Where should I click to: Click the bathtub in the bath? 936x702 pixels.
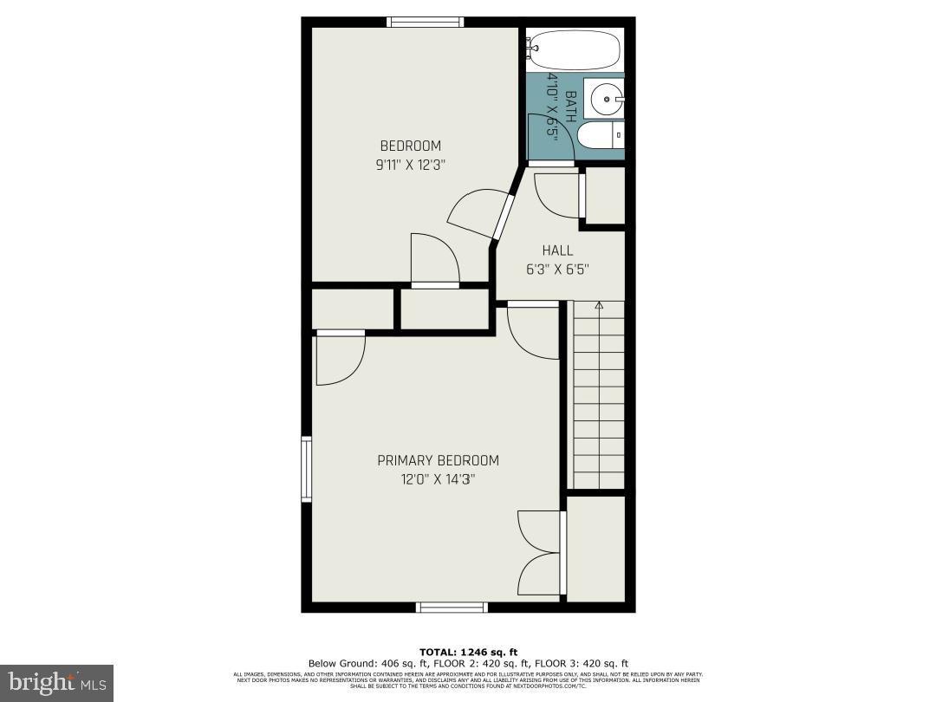click(575, 49)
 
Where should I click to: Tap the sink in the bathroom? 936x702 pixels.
click(604, 98)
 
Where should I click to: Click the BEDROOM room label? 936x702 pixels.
click(410, 146)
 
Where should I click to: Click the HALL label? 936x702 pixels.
click(557, 250)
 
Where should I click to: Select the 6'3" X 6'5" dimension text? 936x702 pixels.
click(557, 269)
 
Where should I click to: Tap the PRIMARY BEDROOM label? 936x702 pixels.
click(438, 460)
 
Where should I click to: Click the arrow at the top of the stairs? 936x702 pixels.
click(598, 305)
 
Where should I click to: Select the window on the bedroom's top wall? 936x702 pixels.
click(425, 22)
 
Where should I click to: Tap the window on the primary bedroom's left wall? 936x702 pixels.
click(306, 468)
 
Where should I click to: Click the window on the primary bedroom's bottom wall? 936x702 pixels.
click(452, 608)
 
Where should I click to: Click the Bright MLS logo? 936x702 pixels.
click(56, 683)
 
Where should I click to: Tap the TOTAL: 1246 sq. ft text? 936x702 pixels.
click(468, 652)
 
